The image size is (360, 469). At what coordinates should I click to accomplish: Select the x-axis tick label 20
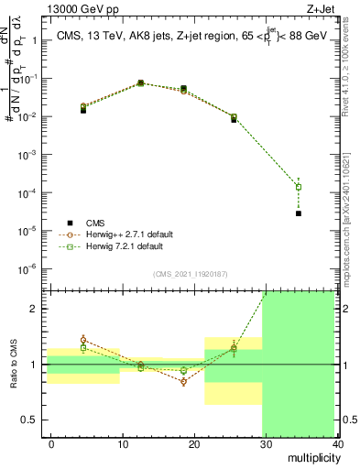[x=194, y=443]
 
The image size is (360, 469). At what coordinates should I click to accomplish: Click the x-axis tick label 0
[x=51, y=443]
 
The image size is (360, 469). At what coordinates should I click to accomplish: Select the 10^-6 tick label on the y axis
[x=28, y=268]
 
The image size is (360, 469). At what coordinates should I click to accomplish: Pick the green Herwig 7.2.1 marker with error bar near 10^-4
[x=299, y=187]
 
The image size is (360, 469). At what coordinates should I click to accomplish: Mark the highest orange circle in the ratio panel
[x=83, y=340]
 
